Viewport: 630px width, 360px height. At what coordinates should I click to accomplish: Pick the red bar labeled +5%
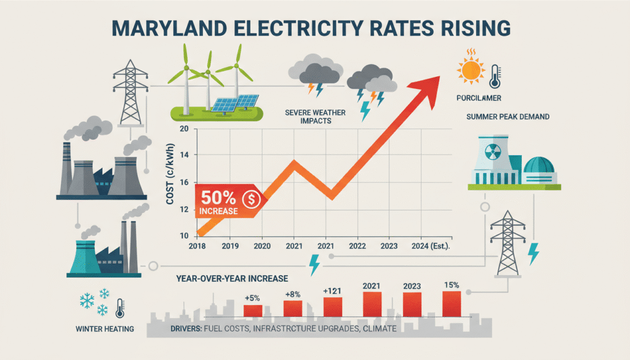[253, 311]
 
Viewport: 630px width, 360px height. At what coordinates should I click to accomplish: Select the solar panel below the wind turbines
[236, 102]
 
